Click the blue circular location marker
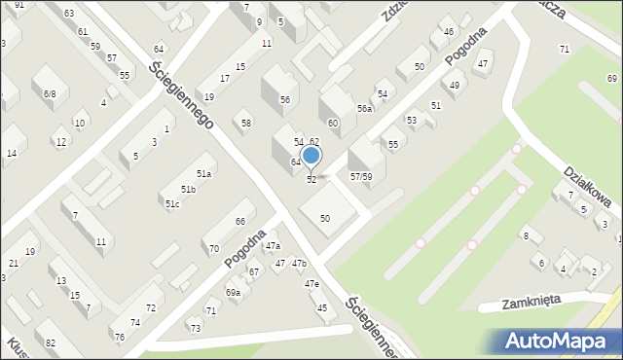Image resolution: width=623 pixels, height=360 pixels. pyautogui.click(x=311, y=155)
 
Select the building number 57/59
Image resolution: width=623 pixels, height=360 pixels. pyautogui.click(x=360, y=176)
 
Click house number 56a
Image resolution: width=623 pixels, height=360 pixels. pyautogui.click(x=364, y=109)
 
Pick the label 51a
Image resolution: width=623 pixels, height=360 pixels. pyautogui.click(x=203, y=173)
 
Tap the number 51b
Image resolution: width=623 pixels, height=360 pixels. pyautogui.click(x=188, y=189)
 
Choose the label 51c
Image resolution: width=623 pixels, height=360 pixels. pyautogui.click(x=171, y=203)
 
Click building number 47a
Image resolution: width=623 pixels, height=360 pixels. pyautogui.click(x=273, y=246)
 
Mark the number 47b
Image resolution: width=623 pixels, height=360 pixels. pyautogui.click(x=299, y=263)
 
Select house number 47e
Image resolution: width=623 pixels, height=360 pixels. pyautogui.click(x=311, y=283)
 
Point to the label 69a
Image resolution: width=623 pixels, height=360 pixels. pyautogui.click(x=233, y=292)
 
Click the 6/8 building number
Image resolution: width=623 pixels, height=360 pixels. pyautogui.click(x=50, y=93)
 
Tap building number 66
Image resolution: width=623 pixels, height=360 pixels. pyautogui.click(x=239, y=222)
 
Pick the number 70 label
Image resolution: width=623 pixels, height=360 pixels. pyautogui.click(x=213, y=249)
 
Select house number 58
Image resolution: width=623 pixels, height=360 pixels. pyautogui.click(x=246, y=123)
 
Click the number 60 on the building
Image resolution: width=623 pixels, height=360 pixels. pyautogui.click(x=333, y=124)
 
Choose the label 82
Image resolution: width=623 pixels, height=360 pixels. pyautogui.click(x=51, y=344)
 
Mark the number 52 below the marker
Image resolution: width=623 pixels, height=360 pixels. pyautogui.click(x=311, y=179)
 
